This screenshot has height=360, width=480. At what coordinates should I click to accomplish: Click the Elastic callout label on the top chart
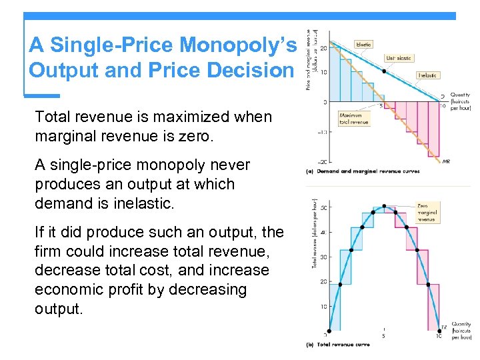pos(364,45)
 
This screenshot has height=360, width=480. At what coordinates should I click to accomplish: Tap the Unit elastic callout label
pos(399,59)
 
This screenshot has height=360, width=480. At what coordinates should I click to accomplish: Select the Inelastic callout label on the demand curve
pos(427,75)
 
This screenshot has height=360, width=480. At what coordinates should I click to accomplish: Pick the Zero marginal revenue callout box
pos(427,213)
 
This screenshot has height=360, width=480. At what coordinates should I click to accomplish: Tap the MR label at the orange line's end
pos(446,162)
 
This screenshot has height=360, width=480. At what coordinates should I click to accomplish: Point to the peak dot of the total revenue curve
pos(384,207)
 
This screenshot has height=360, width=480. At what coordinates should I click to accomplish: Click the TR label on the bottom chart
pos(445,327)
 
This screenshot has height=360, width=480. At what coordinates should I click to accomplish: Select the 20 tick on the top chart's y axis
pos(323,48)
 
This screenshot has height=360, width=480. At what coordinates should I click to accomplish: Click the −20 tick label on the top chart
pos(321,161)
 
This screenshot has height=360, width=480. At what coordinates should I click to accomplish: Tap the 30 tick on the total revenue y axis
pos(323,257)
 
